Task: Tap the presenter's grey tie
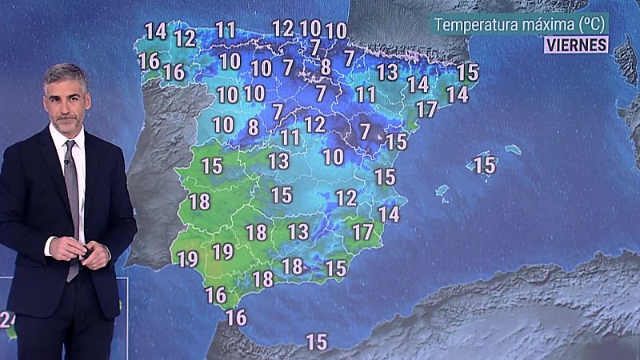point(73,200)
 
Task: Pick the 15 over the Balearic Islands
point(485,166)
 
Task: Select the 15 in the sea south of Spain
point(317,342)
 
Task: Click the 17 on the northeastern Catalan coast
point(426,109)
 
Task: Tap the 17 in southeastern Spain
point(362,233)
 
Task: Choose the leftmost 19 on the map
point(188,259)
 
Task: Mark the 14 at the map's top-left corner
point(155,31)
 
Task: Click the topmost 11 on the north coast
point(226,30)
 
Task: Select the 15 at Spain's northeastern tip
point(467,72)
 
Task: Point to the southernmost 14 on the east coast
point(389,214)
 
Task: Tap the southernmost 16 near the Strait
point(236,317)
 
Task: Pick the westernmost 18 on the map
point(199,202)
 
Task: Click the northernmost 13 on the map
point(387,72)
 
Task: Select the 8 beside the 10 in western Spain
point(253,127)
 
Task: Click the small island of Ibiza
point(442,192)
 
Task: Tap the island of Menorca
point(514,150)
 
